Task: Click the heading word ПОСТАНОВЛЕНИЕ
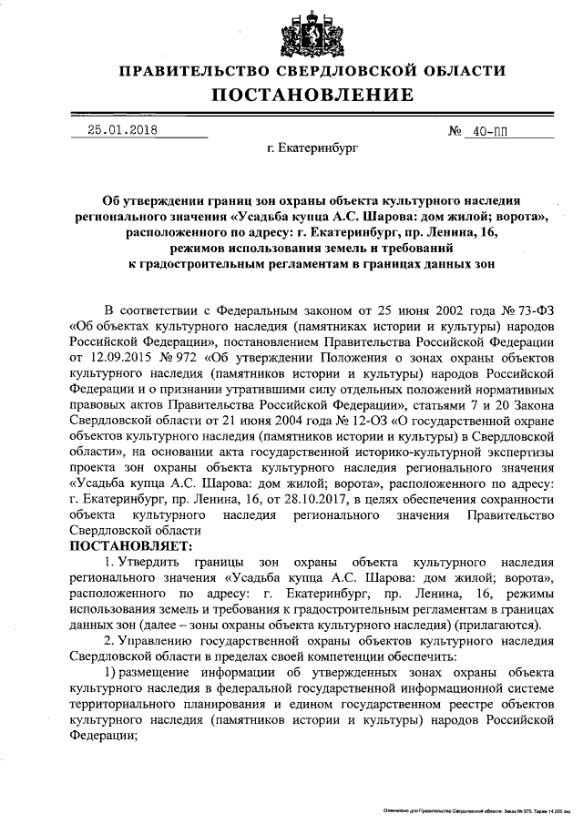click(312, 95)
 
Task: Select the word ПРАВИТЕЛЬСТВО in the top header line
click(193, 70)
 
